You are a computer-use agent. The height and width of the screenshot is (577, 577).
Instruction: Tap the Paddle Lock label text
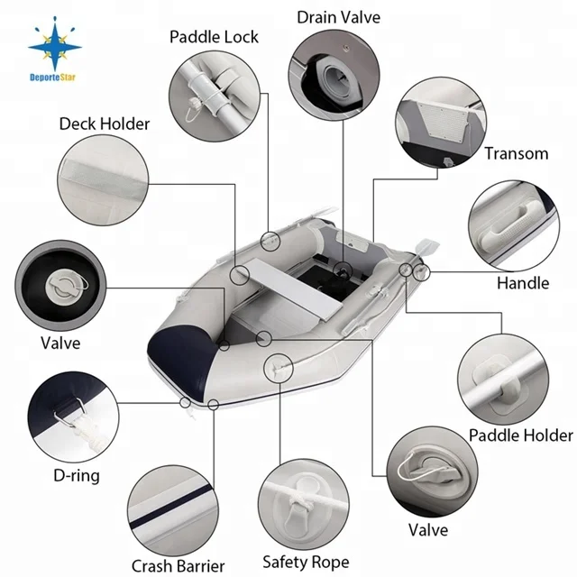click(x=214, y=37)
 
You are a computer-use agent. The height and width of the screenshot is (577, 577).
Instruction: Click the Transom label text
click(x=516, y=153)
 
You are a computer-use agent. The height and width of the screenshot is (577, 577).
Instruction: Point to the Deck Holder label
click(x=105, y=124)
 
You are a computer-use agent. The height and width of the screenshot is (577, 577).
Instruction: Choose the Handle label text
click(x=523, y=283)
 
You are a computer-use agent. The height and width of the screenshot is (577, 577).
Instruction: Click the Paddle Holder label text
click(x=520, y=435)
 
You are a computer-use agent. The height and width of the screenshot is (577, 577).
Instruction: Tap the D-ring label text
click(x=78, y=475)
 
